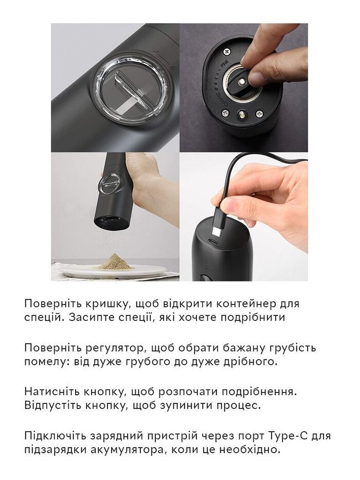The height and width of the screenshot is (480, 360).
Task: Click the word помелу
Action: (x=43, y=362)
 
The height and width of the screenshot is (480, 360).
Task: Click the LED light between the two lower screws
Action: (x=242, y=116)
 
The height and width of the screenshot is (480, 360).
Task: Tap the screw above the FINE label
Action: (x=227, y=52)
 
